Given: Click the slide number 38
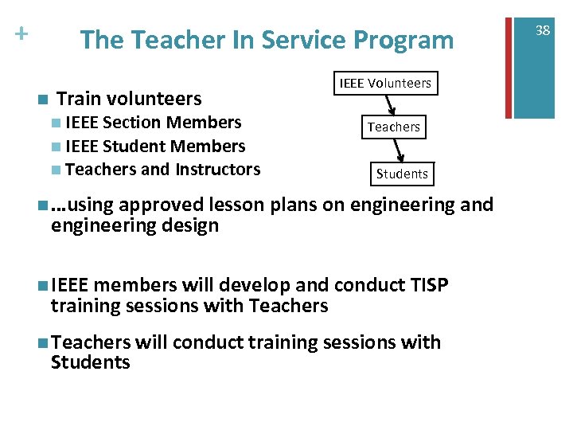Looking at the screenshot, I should pos(543,30).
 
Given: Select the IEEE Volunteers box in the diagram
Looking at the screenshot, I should pos(385,83).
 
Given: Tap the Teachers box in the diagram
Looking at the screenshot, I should pos(394,127).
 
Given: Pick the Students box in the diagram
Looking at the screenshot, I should pos(402,174).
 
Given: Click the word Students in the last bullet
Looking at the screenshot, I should pos(90,363).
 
